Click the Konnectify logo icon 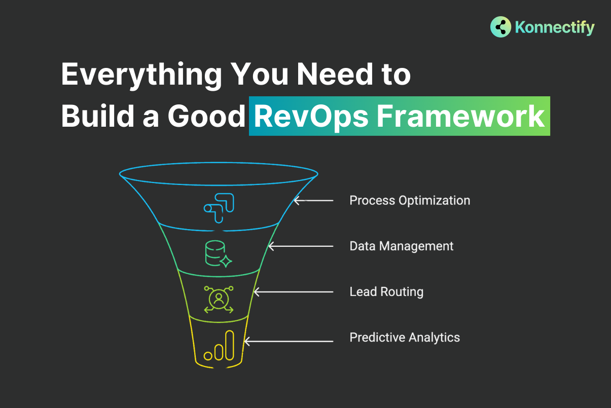click(500, 27)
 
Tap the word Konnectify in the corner click(555, 27)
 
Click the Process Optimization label click(410, 201)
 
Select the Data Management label click(402, 246)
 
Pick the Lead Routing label click(386, 292)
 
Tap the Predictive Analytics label click(405, 338)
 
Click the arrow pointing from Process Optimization click(314, 201)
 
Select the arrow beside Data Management click(300, 246)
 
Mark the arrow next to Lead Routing click(293, 292)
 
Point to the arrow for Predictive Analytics click(289, 342)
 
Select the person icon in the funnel click(219, 299)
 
